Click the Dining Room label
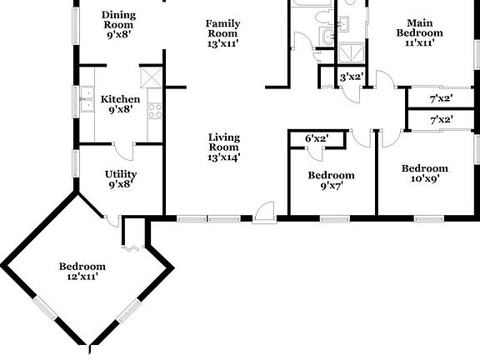119,20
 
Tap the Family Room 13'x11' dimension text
222,44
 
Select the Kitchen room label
120,99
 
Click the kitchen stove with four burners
155,111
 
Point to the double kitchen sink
87,99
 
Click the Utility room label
121,174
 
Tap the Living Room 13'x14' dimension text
224,157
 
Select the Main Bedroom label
420,27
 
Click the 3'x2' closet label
352,77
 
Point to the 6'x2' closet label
317,138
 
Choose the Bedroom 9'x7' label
331,180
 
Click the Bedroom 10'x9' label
425,173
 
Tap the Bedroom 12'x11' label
82,271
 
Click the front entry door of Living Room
265,212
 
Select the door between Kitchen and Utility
123,152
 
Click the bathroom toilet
324,16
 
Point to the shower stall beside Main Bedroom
352,54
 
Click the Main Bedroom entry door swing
384,80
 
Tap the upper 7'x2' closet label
442,99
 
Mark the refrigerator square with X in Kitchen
151,77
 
